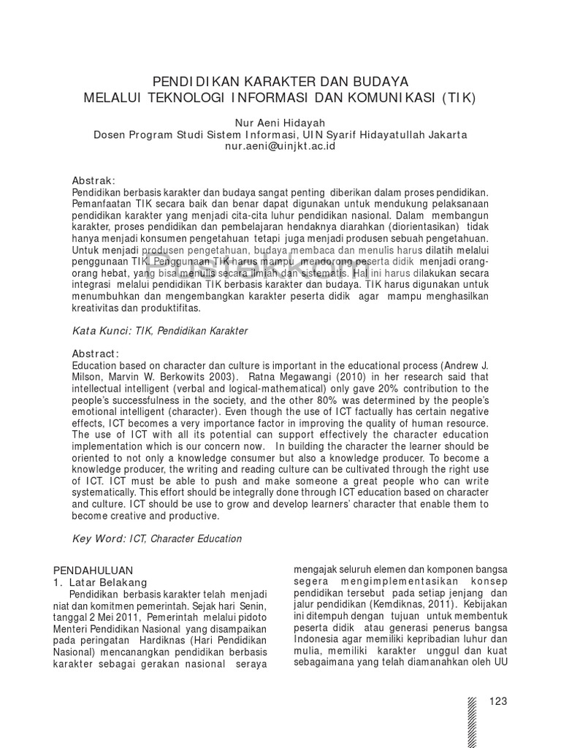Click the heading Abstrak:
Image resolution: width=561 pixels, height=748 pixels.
coord(93,180)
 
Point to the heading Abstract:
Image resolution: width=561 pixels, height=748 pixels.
coord(95,354)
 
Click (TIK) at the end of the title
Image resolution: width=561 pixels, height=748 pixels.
coord(459,97)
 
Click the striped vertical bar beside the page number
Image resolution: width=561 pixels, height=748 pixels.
coord(472,720)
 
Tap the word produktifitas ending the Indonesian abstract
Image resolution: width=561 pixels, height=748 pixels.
coord(165,308)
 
